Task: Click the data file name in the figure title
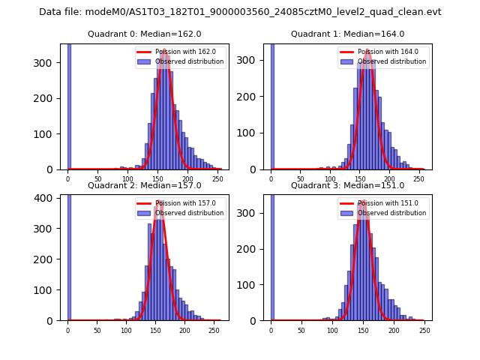[240, 12]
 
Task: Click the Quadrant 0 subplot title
[144, 34]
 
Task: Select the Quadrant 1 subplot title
[347, 34]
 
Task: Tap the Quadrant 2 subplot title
[144, 185]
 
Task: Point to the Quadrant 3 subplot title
[347, 185]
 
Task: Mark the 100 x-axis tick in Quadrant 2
[127, 329]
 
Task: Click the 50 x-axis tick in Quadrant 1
[301, 178]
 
